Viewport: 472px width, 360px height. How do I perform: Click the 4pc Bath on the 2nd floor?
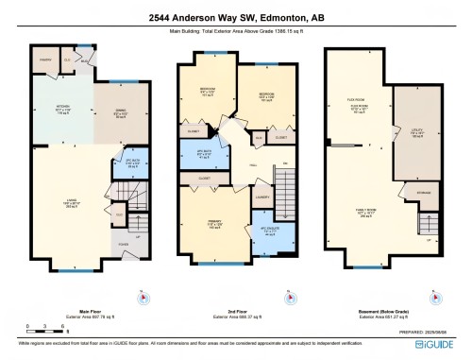coord(201,155)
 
